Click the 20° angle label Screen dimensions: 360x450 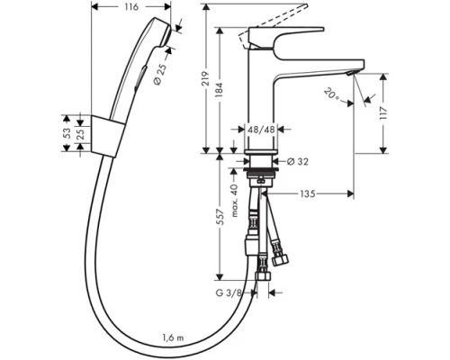pyautogui.click(x=333, y=94)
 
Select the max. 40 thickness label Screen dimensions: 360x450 pyautogui.click(x=236, y=200)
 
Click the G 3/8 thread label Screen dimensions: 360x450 pyautogui.click(x=232, y=292)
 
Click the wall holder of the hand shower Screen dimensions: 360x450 pyautogui.click(x=105, y=134)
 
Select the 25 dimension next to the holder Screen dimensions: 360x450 pyautogui.click(x=80, y=134)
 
